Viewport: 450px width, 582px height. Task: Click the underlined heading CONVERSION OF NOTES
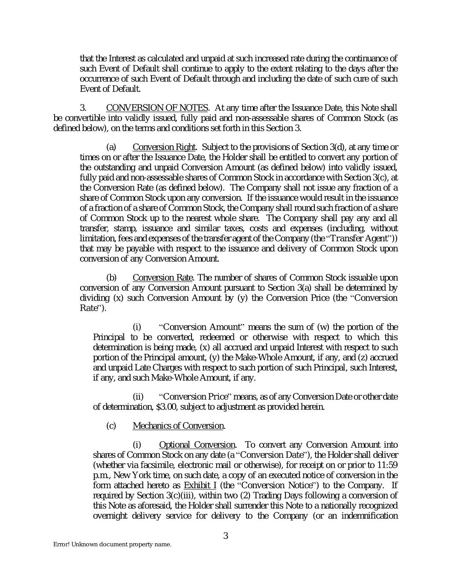tap(157, 107)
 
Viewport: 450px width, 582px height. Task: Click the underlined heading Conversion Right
tap(164, 147)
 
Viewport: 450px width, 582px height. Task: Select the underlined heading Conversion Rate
tap(163, 278)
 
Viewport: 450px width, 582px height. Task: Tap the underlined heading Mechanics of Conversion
tap(179, 426)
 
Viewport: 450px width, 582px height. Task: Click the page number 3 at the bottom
tap(226, 536)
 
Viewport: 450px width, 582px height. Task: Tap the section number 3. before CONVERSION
tap(84, 107)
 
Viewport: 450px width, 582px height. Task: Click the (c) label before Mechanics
tap(111, 426)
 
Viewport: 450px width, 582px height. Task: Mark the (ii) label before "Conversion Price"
tap(138, 397)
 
